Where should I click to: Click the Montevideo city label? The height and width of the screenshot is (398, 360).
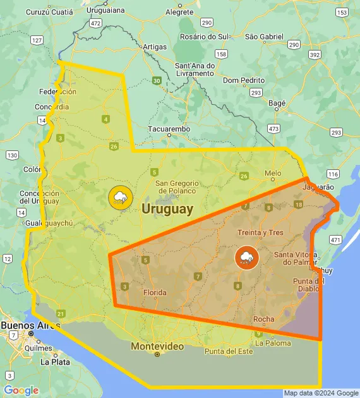157,346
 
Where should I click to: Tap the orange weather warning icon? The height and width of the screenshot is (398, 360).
246,257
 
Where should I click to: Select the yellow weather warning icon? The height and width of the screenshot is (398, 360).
119,197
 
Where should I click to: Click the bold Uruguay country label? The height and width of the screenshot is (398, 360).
167,209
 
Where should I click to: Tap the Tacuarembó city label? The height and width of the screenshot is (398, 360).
169,129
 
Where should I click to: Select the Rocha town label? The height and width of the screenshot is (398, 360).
263,319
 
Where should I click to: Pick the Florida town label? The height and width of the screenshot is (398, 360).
155,292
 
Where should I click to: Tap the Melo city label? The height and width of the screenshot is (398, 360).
273,172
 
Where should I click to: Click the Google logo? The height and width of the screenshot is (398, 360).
21,390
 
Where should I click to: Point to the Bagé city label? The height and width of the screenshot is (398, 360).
277,102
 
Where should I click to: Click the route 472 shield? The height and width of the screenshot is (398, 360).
95,23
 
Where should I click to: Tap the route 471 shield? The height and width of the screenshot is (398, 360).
335,240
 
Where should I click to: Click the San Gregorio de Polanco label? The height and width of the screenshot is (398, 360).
177,186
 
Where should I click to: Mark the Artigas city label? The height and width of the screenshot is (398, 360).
155,47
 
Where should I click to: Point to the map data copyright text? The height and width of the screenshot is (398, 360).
321,393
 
